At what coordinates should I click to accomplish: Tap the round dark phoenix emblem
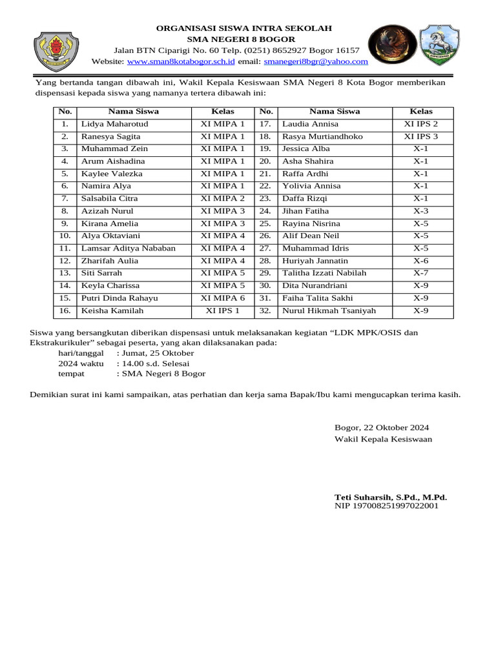[x=391, y=45]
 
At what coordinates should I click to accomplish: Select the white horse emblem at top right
[x=440, y=45]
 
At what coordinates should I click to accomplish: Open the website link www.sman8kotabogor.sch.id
[x=180, y=61]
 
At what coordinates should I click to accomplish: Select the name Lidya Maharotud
[x=114, y=124]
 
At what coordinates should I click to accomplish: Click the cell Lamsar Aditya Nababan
[x=128, y=249]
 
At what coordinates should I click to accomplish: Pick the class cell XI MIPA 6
[x=223, y=298]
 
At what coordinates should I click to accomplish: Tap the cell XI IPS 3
[x=420, y=137]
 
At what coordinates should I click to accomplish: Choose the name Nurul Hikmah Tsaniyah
[x=329, y=311]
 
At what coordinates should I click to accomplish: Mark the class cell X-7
[x=420, y=273]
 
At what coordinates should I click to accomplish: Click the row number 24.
[x=265, y=211]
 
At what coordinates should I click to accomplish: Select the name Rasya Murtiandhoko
[x=322, y=137]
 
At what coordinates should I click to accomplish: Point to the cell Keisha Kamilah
[x=112, y=311]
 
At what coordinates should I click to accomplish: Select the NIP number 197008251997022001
[x=386, y=506]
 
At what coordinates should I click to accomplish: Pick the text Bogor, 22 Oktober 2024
[x=382, y=427]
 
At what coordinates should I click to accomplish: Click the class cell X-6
[x=420, y=261]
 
